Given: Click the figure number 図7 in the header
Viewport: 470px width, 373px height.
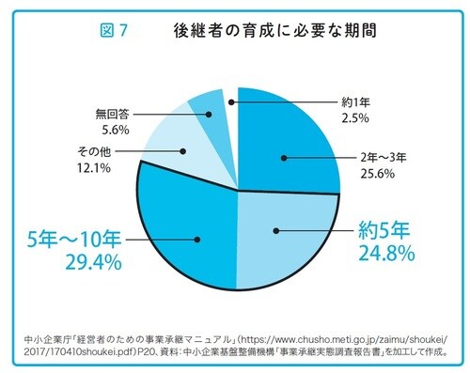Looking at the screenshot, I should [114, 30].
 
